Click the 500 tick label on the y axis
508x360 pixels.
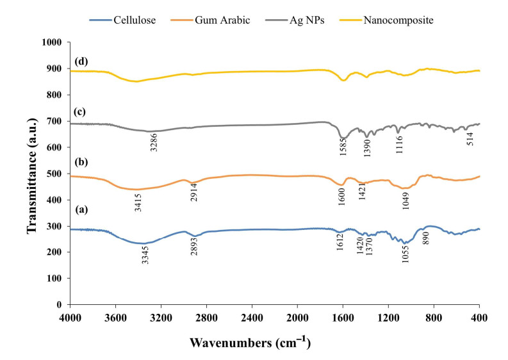point(55,174)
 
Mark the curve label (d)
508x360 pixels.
point(81,61)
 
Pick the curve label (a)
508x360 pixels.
point(81,209)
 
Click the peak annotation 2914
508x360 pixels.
point(194,193)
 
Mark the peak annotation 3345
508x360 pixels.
point(145,256)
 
